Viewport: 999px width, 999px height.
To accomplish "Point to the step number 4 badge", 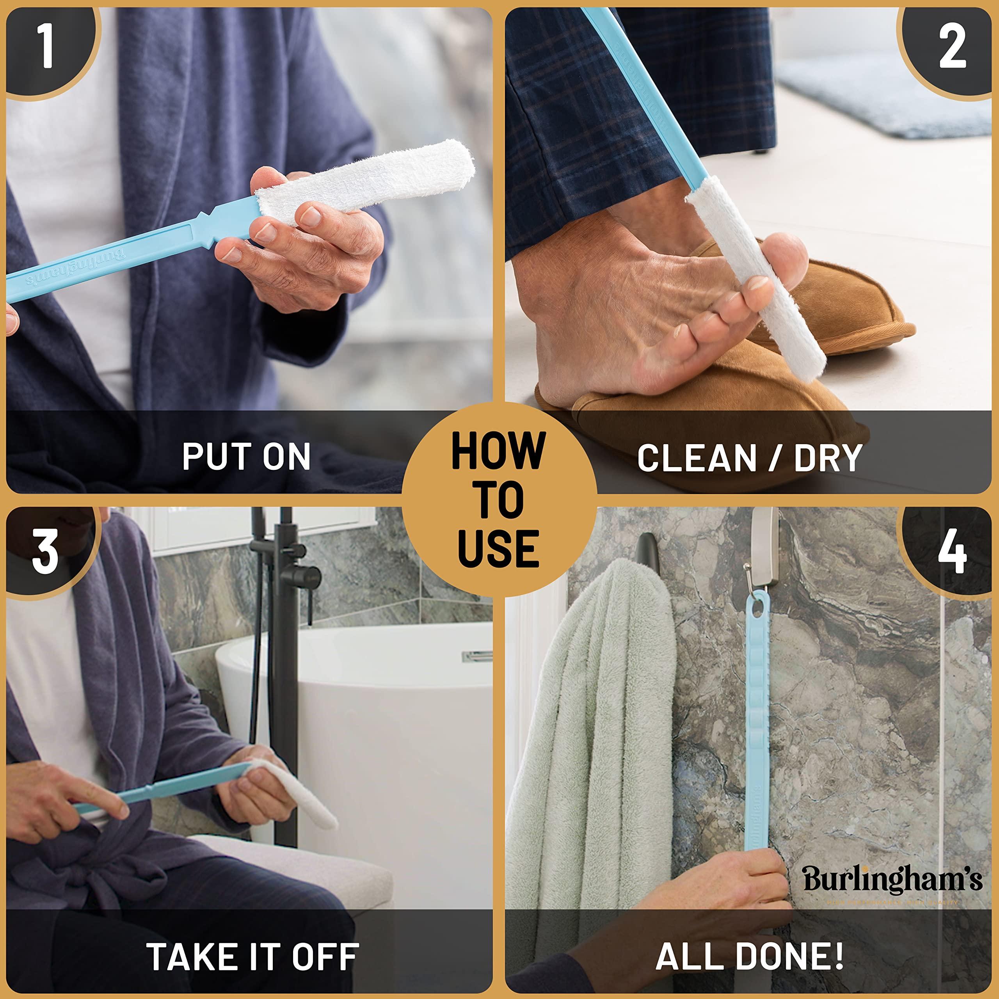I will pyautogui.click(x=952, y=552).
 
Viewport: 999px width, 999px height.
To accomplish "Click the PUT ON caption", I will pyautogui.click(x=246, y=456).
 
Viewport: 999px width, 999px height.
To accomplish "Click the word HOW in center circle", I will pyautogui.click(x=499, y=451).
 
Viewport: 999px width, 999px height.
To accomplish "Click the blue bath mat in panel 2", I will pyautogui.click(x=879, y=98).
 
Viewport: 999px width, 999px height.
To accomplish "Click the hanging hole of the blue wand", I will pyautogui.click(x=757, y=610).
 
